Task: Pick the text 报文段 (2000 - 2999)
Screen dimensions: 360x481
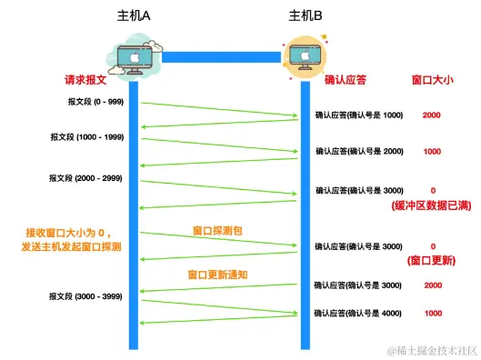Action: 83,178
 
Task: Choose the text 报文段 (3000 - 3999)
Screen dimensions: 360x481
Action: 83,296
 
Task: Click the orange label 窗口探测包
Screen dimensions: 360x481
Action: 217,231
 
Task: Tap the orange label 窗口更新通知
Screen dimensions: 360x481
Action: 217,272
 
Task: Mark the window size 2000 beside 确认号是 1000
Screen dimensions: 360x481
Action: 432,115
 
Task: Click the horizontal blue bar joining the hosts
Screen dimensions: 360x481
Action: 219,56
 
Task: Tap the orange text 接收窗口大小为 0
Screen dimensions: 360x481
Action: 88,232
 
